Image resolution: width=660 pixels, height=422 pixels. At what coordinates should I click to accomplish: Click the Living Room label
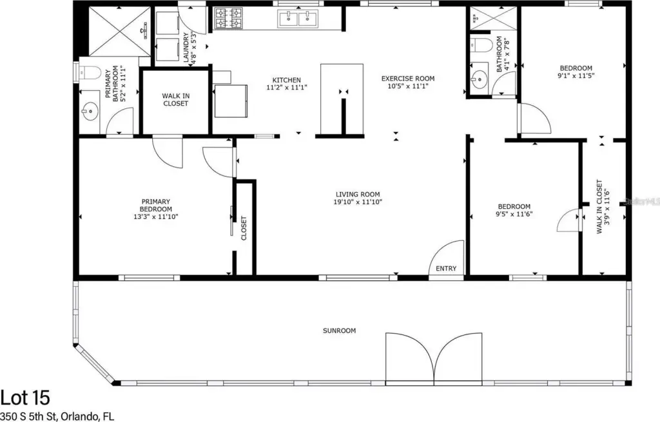(358, 195)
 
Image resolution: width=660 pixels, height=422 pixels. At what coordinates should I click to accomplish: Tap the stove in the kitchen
(229, 19)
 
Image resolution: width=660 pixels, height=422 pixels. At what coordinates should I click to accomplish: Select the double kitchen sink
(298, 19)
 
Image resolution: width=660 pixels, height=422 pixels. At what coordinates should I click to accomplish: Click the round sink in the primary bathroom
(90, 112)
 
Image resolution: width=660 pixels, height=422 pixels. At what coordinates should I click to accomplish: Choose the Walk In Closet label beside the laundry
(175, 99)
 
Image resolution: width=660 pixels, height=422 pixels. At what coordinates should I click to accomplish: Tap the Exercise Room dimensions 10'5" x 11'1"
(408, 86)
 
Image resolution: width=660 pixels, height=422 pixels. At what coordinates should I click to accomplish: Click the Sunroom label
(339, 331)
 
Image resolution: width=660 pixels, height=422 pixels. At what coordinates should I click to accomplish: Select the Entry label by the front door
(446, 269)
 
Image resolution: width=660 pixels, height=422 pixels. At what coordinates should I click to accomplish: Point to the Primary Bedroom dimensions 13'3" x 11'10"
(156, 216)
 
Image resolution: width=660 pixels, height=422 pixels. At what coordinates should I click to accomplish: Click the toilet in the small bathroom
(480, 44)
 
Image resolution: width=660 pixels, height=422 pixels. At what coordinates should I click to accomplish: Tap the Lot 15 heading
(25, 398)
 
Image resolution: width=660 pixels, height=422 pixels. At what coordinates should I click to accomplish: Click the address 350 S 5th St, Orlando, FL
(57, 417)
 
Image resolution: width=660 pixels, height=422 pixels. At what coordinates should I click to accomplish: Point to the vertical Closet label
(244, 228)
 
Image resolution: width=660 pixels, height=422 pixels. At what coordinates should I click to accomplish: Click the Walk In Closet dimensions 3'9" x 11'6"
(607, 207)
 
